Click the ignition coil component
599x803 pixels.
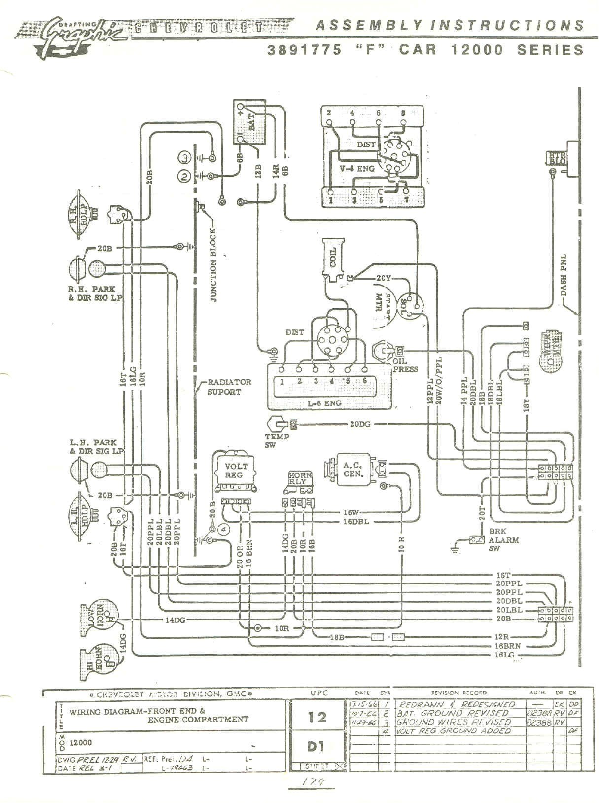334,258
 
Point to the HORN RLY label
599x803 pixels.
300,479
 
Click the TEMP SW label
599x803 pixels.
277,440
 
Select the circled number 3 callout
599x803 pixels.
184,158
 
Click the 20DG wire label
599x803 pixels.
360,424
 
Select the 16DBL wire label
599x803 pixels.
356,521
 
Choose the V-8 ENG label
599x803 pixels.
358,168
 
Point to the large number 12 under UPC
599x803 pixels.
317,717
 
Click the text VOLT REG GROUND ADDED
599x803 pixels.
454,731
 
